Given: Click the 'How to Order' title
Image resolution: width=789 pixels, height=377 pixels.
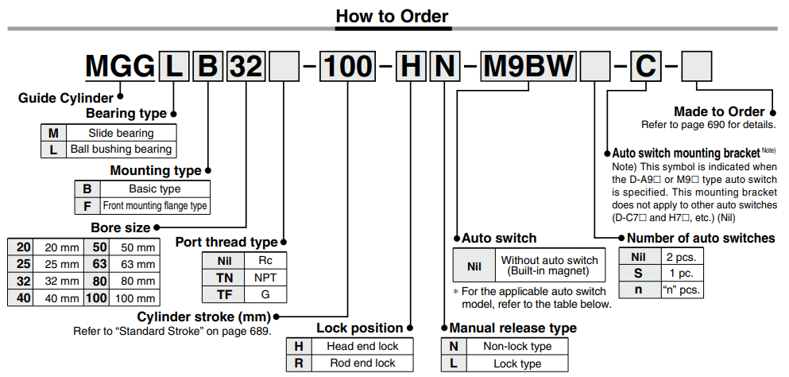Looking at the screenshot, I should point(392,16).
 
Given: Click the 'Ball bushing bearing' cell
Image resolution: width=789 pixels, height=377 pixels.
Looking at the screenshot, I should point(121,149).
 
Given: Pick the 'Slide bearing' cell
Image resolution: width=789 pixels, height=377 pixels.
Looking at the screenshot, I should point(121,133).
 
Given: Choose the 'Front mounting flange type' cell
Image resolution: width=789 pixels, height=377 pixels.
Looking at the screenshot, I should point(154,206).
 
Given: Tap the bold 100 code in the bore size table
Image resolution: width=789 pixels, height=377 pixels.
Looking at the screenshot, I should point(96,298).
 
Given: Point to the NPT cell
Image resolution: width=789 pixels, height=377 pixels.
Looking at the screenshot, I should point(265,277).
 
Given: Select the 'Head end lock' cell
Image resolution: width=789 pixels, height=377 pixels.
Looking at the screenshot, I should point(362,346).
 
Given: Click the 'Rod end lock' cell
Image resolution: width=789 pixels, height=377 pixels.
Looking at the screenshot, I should point(362,363).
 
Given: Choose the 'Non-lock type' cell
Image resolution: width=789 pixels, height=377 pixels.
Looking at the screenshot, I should point(516,347).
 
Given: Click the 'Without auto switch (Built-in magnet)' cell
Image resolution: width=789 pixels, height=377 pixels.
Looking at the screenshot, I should point(549,266).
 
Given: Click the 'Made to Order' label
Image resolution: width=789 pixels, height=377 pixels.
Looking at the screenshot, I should point(718,112).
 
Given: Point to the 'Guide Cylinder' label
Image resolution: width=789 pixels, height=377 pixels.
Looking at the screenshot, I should point(66,98).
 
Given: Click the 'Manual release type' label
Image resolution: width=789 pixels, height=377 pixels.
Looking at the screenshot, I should point(512,328).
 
